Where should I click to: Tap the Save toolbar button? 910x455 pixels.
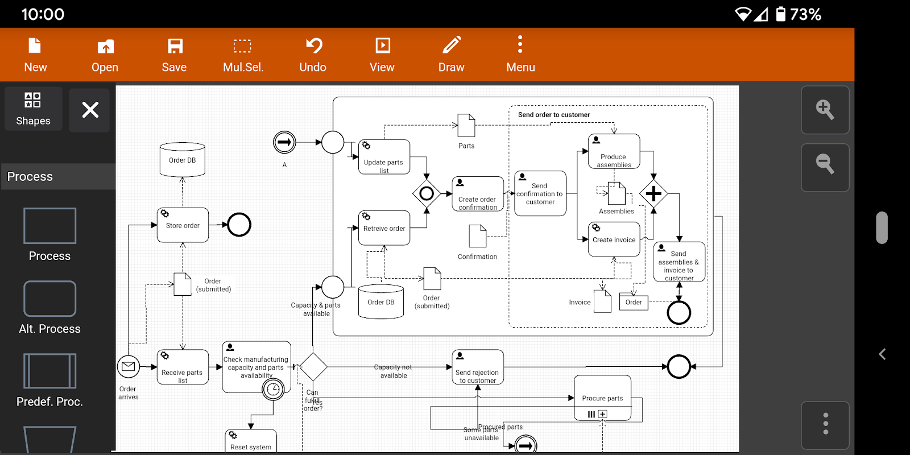pos(174,55)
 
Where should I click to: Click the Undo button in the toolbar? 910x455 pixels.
pos(313,55)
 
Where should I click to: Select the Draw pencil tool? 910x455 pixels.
pos(452,55)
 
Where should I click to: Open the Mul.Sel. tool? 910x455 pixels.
pos(243,55)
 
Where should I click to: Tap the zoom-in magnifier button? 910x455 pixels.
pos(825,110)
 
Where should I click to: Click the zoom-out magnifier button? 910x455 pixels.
pos(825,166)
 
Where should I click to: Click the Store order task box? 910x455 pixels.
pos(183,225)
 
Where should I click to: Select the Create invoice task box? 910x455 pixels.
pos(614,239)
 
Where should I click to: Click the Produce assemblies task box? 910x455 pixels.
pos(614,152)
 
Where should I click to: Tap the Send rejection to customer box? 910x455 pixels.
pos(478,367)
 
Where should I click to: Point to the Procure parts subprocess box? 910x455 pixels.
pos(603,398)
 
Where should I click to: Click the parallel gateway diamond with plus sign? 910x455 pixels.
pos(653,194)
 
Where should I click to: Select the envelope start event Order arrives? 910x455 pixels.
pos(129,367)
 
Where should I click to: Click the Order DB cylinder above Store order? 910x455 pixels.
pos(183,160)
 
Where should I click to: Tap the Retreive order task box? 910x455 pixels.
pos(384,228)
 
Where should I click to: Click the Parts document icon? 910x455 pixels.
pos(466,125)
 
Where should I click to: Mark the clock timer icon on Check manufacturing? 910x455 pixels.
pos(274,389)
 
